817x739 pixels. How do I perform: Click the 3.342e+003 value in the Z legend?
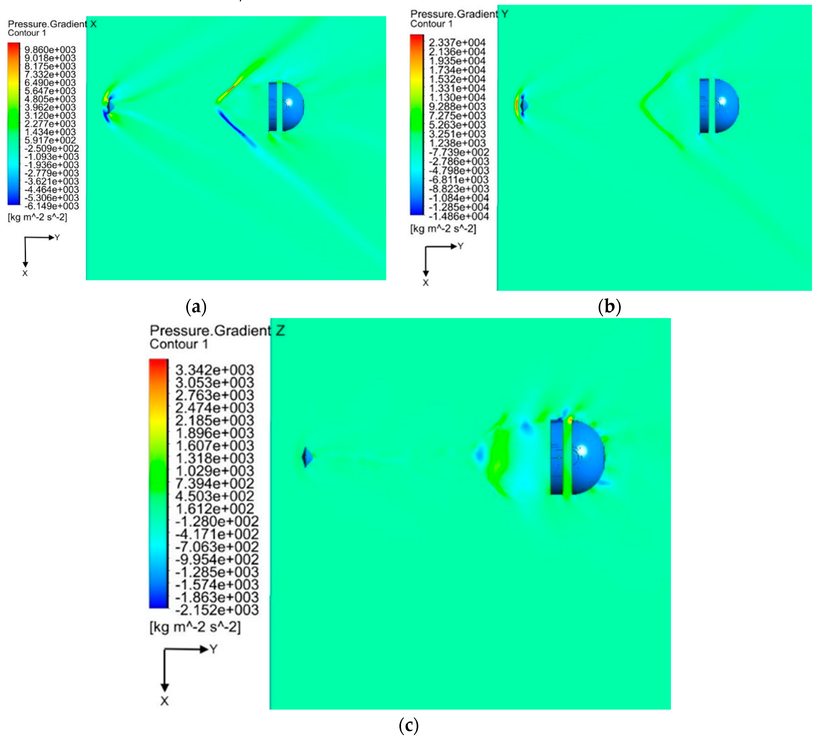[x=214, y=370]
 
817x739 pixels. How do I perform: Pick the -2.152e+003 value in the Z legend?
[x=216, y=610]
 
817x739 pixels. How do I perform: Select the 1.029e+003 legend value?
[x=214, y=471]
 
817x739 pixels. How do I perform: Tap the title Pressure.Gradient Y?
[x=459, y=14]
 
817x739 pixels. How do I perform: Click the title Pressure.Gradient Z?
[x=217, y=331]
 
